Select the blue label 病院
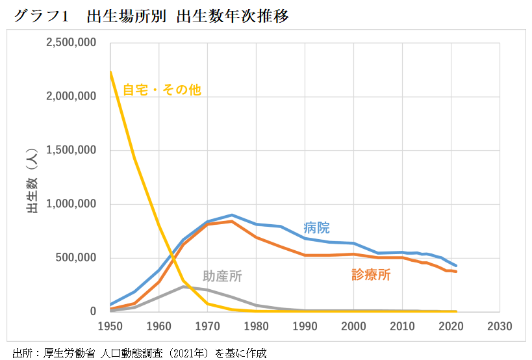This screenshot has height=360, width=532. tap(316, 228)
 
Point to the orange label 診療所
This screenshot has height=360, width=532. tap(371, 274)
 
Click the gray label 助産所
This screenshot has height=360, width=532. tap(222, 276)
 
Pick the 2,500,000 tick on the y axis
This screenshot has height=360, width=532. tap(71, 43)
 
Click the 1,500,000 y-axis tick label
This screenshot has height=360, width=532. tap(71, 150)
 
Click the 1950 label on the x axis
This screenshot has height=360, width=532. tap(110, 326)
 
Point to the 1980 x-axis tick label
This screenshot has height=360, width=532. tap(256, 326)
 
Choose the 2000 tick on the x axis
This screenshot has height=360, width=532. tap(353, 326)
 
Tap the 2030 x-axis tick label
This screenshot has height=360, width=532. tap(499, 326)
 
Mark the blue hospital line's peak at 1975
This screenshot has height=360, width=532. tap(232, 214)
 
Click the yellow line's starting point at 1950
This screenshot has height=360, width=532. tap(110, 72)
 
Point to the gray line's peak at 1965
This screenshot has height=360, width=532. tap(183, 287)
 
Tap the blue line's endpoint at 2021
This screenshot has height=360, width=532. tap(456, 266)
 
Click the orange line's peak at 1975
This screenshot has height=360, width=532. tap(232, 221)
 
